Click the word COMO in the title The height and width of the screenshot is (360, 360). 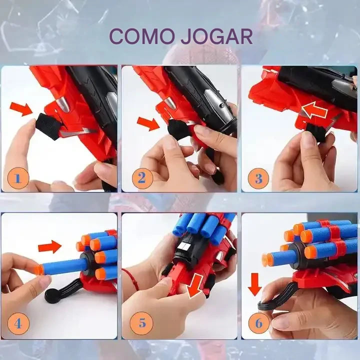tap(141, 36)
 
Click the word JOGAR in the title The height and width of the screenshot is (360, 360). tap(216, 36)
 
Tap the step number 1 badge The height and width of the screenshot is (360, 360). tap(18, 178)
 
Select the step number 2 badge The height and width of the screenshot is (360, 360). tap(142, 178)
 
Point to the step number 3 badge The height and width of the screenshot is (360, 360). tap(258, 178)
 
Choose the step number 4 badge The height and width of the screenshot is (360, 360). tap(18, 323)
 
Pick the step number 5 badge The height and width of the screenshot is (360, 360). tap(141, 323)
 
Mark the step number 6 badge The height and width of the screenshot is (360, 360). tap(259, 323)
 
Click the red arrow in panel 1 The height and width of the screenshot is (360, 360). tap(21, 109)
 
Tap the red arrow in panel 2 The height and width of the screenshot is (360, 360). tap(148, 123)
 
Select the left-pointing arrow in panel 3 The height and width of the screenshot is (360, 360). tap(314, 110)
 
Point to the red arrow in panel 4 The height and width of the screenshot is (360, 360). tap(50, 247)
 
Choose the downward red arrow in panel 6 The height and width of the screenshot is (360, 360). tap(255, 284)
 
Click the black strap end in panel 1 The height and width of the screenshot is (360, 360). tap(48, 126)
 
